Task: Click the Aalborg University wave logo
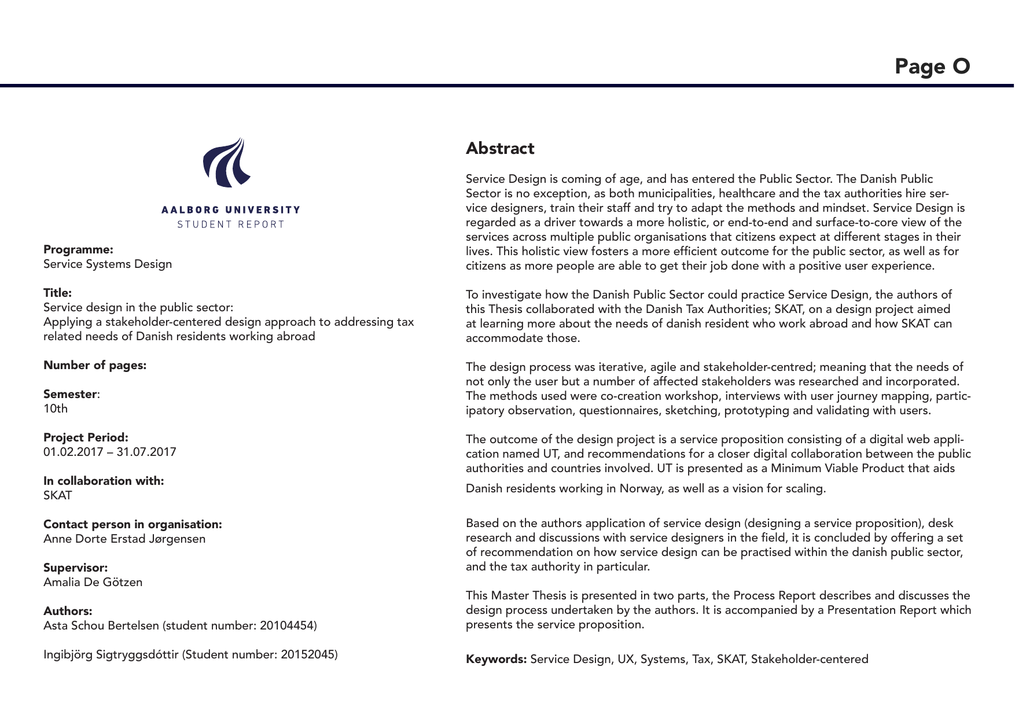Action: (226, 163)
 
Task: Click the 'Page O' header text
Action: (932, 67)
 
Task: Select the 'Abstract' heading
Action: (500, 149)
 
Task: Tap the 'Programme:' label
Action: (78, 250)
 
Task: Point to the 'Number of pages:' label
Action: (95, 366)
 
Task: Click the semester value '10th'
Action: (56, 409)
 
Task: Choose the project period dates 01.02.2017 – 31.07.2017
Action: (110, 452)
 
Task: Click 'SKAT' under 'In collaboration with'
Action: (58, 496)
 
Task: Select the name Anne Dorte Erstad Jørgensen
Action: (124, 539)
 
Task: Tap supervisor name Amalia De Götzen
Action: (93, 583)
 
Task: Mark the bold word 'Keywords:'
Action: (496, 660)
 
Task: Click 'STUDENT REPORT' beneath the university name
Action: (231, 224)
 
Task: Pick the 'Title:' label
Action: (57, 293)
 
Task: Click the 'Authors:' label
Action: (68, 612)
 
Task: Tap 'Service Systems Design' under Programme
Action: (108, 264)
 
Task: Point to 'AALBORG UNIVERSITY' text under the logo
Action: (231, 210)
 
